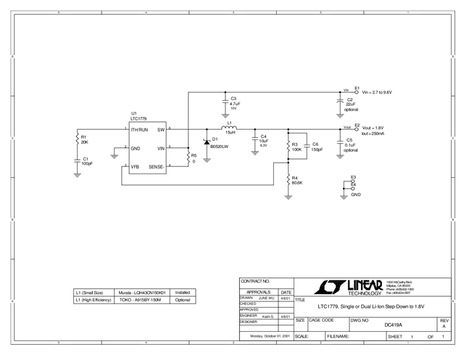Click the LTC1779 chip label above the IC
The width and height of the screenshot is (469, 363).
pyautogui.click(x=138, y=118)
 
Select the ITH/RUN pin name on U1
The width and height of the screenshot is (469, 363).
pyautogui.click(x=140, y=129)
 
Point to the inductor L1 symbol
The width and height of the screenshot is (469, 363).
pyautogui.click(x=230, y=129)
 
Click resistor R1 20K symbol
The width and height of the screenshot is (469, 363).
pyautogui.click(x=78, y=139)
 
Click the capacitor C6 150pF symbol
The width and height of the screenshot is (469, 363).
pyautogui.click(x=304, y=147)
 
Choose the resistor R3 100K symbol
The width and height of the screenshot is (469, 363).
pyautogui.click(x=289, y=147)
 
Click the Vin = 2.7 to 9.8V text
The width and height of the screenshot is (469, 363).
pyautogui.click(x=376, y=93)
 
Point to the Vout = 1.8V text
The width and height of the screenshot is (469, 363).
pyautogui.click(x=372, y=127)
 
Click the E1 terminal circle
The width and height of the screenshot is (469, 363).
pyautogui.click(x=357, y=92)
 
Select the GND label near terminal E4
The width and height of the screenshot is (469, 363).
pyautogui.click(x=355, y=195)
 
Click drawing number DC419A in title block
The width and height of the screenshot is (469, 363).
pyautogui.click(x=393, y=325)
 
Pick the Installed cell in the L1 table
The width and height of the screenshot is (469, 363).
pyautogui.click(x=183, y=292)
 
